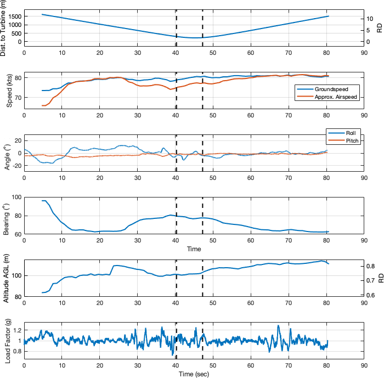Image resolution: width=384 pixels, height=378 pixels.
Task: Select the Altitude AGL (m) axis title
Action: click(x=7, y=278)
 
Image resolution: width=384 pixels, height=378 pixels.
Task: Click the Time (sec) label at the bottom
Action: click(x=194, y=374)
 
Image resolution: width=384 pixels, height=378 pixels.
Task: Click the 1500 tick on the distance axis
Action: click(x=14, y=17)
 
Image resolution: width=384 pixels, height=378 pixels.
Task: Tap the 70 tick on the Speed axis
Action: click(x=17, y=98)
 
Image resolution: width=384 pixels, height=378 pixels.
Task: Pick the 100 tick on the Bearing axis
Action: click(x=15, y=197)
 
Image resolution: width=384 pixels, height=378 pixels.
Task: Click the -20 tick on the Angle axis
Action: click(x=15, y=165)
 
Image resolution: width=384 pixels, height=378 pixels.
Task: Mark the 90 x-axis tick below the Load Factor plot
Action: click(x=364, y=366)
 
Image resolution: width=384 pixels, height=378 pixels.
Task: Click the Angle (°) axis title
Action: click(x=7, y=153)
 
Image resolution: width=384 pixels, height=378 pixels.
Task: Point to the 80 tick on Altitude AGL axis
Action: click(x=17, y=297)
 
